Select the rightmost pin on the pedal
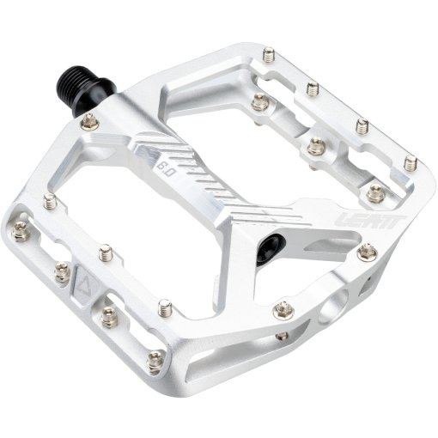(x=410, y=161)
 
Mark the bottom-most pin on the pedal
(x=155, y=363)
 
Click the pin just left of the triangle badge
(x=62, y=273)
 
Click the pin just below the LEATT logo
(x=368, y=252)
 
